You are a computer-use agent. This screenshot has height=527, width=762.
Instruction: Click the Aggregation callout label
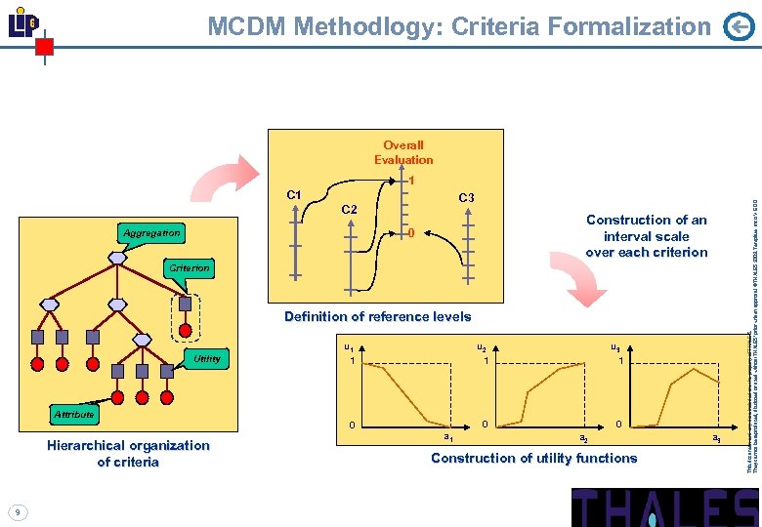pyautogui.click(x=151, y=233)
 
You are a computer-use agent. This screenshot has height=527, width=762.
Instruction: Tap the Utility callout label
pyautogui.click(x=206, y=359)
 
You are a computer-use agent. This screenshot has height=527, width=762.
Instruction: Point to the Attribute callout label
pyautogui.click(x=73, y=415)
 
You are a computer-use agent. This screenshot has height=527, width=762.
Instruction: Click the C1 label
pyautogui.click(x=294, y=194)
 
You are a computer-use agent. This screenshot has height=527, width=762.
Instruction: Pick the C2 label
pyautogui.click(x=349, y=210)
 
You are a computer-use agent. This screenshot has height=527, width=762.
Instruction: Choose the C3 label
pyautogui.click(x=466, y=198)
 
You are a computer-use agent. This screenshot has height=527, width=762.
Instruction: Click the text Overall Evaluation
pyautogui.click(x=402, y=152)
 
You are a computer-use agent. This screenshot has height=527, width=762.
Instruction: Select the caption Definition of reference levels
pyautogui.click(x=377, y=316)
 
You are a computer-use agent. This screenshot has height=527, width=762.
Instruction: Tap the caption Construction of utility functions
pyautogui.click(x=533, y=458)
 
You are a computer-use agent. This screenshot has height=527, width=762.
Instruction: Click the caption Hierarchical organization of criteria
pyautogui.click(x=128, y=453)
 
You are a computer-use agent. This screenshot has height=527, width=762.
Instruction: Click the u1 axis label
pyautogui.click(x=349, y=345)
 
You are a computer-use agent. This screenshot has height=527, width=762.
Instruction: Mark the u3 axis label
pyautogui.click(x=614, y=345)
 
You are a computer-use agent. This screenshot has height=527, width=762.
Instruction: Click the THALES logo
pyautogui.click(x=664, y=507)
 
